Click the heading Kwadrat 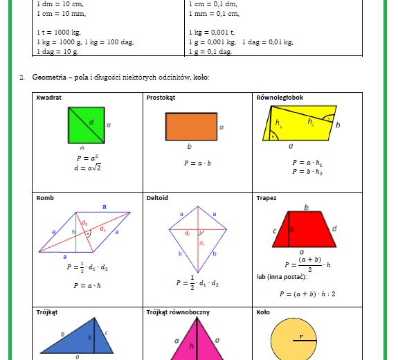coord(49,98)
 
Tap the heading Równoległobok coord(280,98)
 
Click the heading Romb coord(45,198)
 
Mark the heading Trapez coord(266,198)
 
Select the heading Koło coord(264,312)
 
